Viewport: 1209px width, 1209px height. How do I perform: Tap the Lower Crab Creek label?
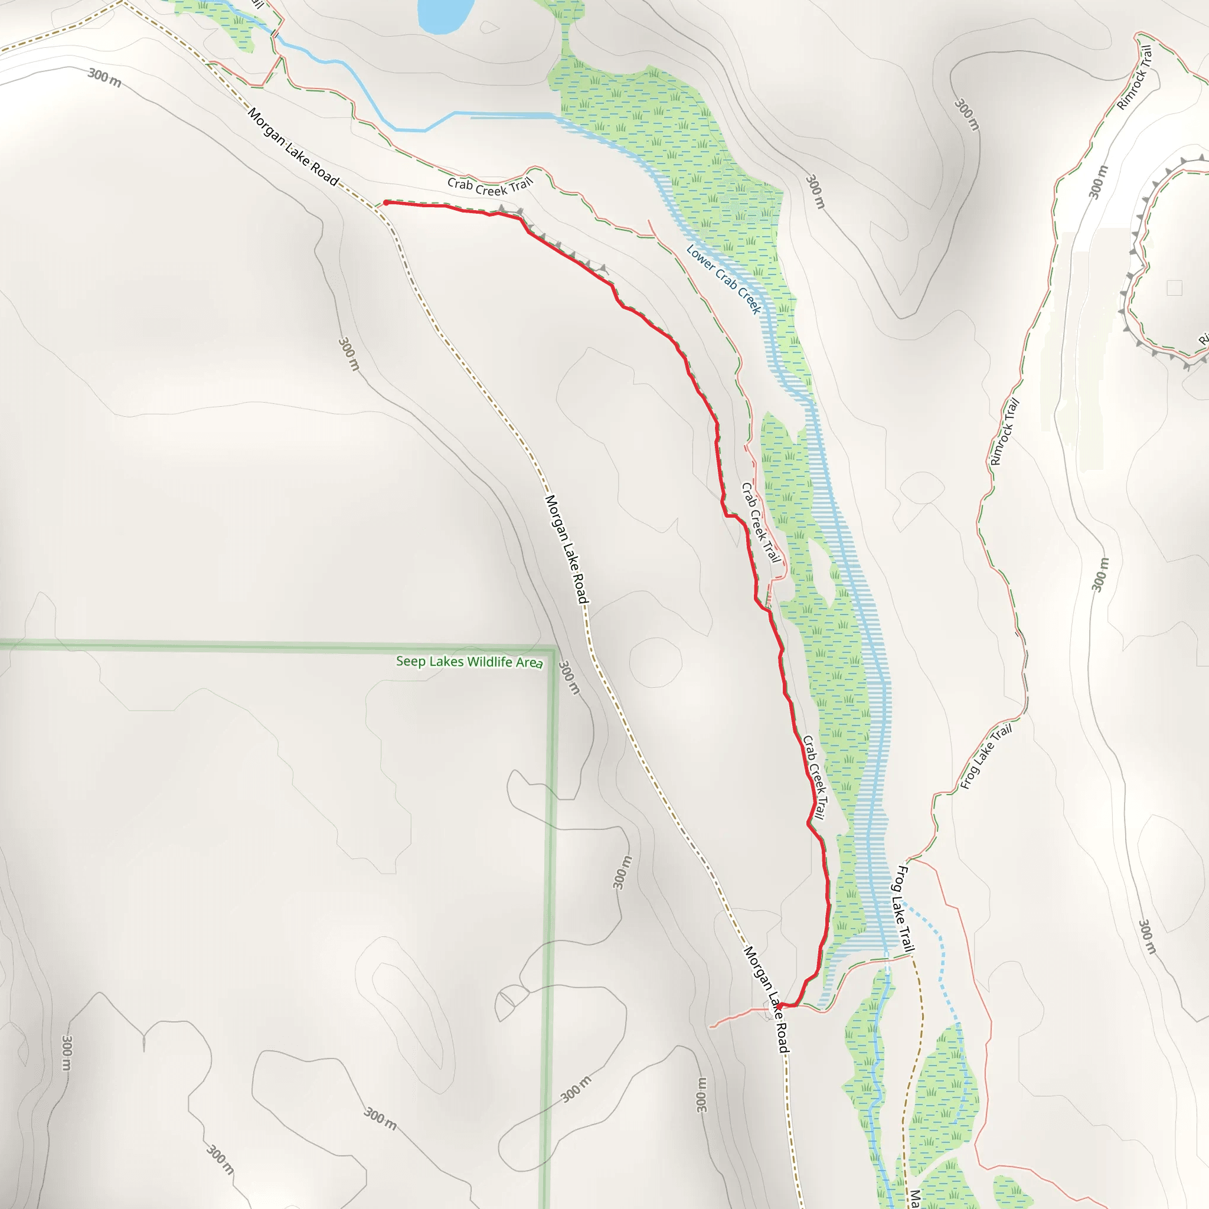[x=723, y=279]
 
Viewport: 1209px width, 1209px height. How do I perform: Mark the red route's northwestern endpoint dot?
[x=386, y=202]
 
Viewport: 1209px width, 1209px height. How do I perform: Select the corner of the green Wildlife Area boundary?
[x=553, y=648]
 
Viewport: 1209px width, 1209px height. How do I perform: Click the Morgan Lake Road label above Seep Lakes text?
[x=566, y=549]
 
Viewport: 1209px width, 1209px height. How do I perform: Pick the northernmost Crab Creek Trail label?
[x=489, y=186]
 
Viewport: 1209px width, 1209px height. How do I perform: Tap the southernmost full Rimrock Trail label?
[x=1005, y=432]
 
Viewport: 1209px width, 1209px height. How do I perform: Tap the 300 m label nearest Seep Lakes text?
[x=569, y=678]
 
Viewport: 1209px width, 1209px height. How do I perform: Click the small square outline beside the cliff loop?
[x=1174, y=288]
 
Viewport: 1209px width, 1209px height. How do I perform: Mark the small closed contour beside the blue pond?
[x=490, y=27]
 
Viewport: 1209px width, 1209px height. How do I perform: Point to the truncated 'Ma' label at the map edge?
[x=916, y=1198]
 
